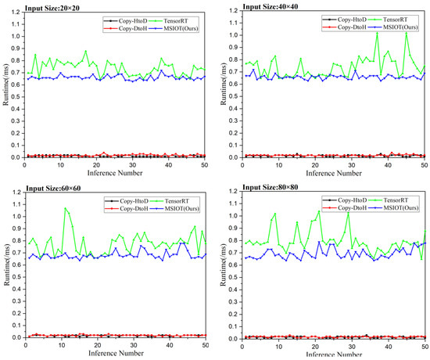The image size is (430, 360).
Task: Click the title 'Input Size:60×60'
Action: pyautogui.click(x=38, y=186)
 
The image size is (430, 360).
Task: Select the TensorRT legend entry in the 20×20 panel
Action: pyautogui.click(x=150, y=18)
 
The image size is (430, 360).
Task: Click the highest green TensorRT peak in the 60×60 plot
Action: pyautogui.click(x=66, y=208)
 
